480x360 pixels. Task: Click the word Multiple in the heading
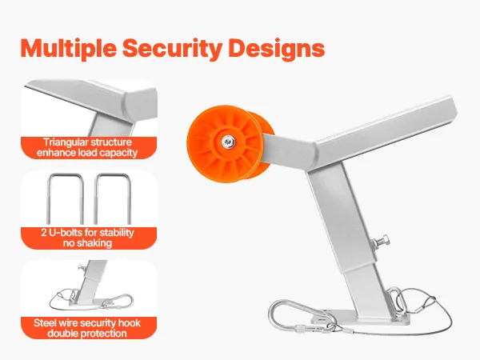(x=68, y=48)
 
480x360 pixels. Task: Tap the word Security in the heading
(x=172, y=48)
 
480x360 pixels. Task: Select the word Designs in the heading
(x=277, y=48)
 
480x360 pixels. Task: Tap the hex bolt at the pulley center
(x=227, y=142)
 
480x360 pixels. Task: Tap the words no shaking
(x=87, y=243)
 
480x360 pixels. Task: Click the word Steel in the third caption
(x=45, y=323)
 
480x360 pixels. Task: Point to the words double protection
(x=87, y=334)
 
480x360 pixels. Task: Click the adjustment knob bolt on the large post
(x=381, y=241)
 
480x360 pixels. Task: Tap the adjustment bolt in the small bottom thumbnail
(x=82, y=267)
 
